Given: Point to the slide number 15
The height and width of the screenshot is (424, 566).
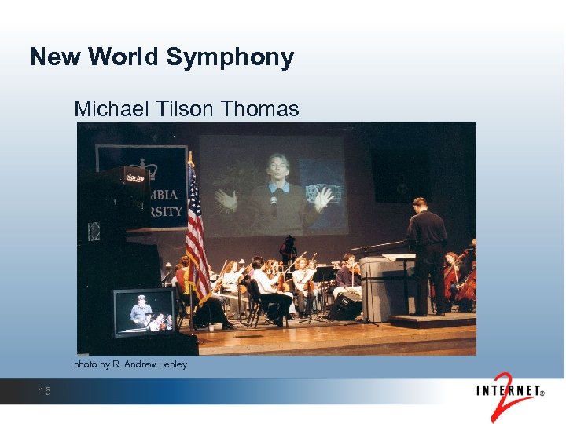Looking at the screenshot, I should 45,390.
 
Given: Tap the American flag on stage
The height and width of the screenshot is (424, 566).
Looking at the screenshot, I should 196,236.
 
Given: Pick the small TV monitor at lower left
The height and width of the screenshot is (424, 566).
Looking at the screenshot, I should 145,312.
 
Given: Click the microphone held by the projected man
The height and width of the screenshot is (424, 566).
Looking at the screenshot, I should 274,203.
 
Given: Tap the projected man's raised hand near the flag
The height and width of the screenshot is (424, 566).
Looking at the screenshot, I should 226,199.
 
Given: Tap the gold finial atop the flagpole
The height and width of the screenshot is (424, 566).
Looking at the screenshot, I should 189,156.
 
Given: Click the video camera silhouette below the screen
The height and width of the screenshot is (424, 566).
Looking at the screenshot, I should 289,248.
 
